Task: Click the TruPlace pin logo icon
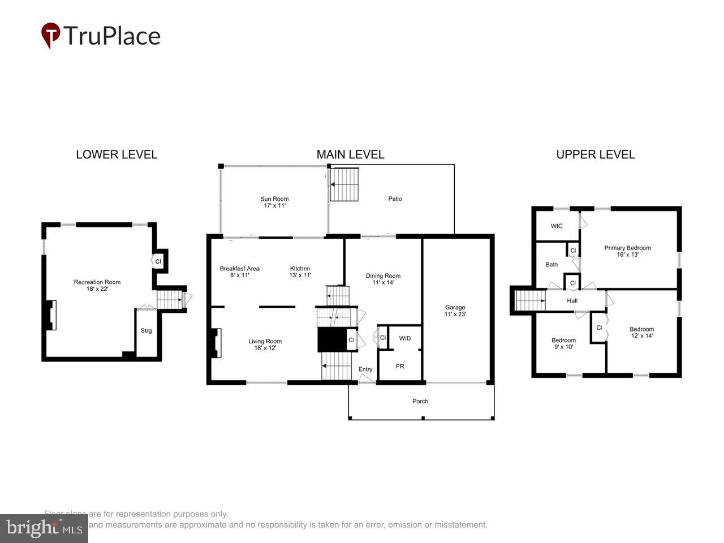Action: [x=51, y=35]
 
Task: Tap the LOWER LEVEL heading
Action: [x=117, y=154]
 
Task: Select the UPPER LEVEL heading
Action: [x=595, y=154]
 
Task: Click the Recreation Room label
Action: [x=97, y=285]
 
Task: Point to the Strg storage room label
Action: [x=146, y=331]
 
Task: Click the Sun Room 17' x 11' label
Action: [x=274, y=202]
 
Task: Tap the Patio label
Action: [x=395, y=199]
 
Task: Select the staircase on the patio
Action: [x=344, y=184]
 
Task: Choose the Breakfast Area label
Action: [x=240, y=271]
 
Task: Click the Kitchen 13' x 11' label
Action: [x=300, y=271]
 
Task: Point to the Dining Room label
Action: [x=383, y=279]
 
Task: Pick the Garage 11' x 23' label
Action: [x=455, y=311]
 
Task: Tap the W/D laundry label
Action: [x=405, y=338]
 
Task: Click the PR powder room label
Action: [x=400, y=367]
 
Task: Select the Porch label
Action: [x=420, y=402]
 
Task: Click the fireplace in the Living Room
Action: [x=216, y=343]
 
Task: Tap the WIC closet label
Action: [x=557, y=226]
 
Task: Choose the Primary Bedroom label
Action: [x=627, y=251]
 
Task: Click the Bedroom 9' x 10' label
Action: [x=563, y=343]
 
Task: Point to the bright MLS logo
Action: [x=44, y=528]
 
